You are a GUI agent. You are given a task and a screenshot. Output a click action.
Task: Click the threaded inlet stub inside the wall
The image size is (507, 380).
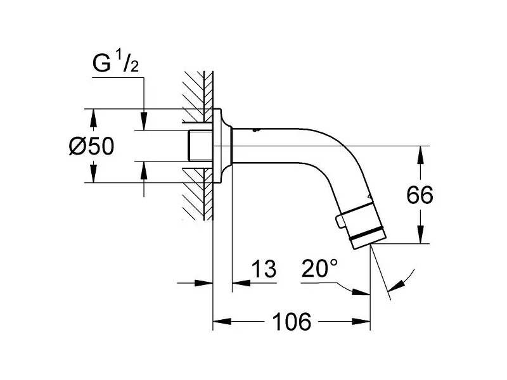[x=200, y=146]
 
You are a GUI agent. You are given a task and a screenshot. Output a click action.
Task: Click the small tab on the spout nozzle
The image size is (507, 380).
[x=339, y=223]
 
